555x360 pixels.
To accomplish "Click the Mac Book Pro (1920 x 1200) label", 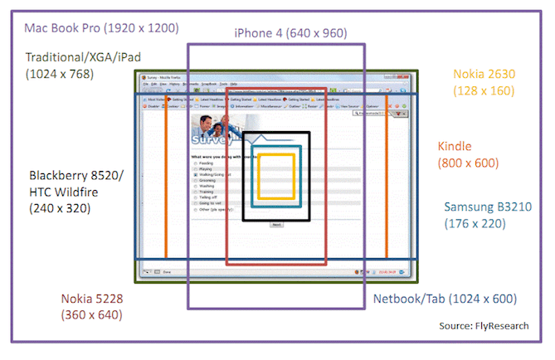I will (x=101, y=27).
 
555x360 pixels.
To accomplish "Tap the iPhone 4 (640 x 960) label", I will (x=290, y=33).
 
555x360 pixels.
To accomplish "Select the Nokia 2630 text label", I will (x=484, y=74).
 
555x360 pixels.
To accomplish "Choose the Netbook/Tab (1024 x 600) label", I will (x=445, y=299).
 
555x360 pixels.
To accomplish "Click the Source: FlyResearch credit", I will (x=484, y=326).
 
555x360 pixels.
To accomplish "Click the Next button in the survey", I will (x=276, y=224).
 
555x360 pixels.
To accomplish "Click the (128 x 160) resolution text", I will (x=484, y=90).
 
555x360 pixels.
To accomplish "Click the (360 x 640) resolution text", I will (x=91, y=315).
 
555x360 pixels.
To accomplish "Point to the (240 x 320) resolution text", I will (x=60, y=208).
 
